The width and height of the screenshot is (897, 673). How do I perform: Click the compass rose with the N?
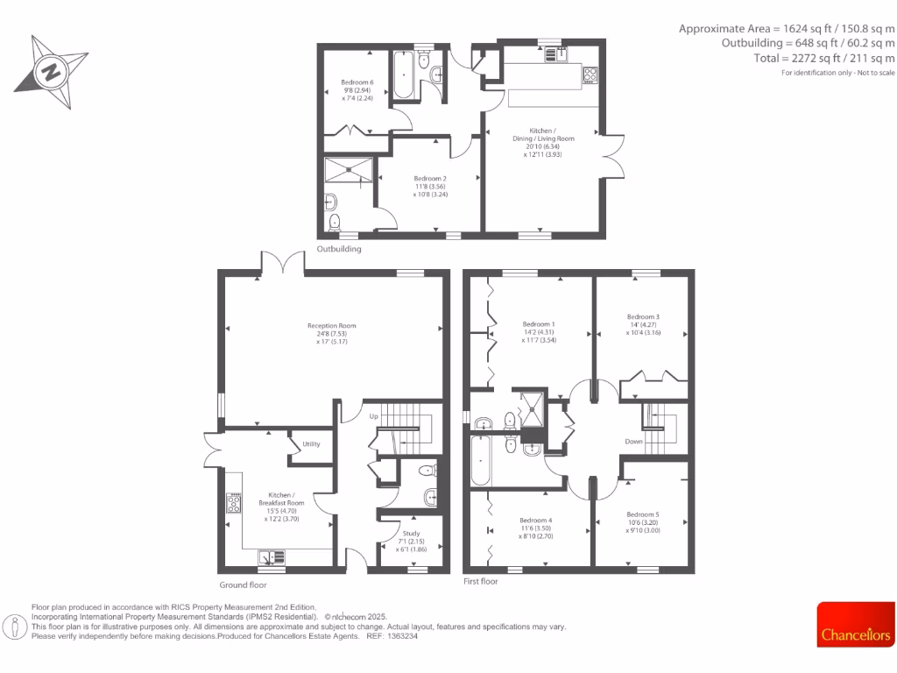pos(50,71)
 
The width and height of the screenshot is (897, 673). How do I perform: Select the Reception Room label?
pos(331,324)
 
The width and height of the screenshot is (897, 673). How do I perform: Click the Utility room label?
pos(311,444)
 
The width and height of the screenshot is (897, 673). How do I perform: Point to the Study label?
pos(411,533)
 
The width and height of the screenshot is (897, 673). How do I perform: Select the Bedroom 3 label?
pos(642,317)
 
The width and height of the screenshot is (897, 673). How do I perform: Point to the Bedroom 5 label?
pos(642,514)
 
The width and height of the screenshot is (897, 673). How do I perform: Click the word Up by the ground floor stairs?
pos(373,415)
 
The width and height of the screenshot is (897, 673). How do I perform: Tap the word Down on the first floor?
pos(634,442)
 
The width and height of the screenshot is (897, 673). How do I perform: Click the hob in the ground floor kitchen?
pos(234,503)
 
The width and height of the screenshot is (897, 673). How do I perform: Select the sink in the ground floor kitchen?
pos(271,556)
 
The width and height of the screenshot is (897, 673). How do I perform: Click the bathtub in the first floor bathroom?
pos(481,460)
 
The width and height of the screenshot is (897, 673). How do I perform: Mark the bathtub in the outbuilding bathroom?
pos(404,77)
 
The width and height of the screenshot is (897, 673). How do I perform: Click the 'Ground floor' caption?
pos(243,584)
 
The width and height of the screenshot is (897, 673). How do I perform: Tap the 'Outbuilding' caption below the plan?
pos(339,249)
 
